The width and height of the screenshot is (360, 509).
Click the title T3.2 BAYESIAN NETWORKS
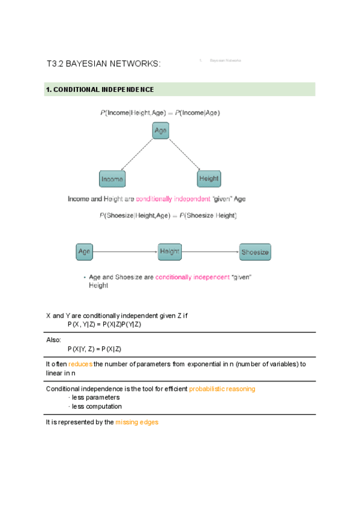103,64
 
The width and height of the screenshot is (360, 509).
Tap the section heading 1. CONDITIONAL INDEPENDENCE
100,89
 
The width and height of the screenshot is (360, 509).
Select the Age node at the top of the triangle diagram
160,131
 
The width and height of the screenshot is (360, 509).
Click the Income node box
112,179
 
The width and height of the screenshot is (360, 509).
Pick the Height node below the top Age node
209,179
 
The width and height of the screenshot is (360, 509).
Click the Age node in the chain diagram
84,251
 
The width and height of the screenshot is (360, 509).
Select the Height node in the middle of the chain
169,251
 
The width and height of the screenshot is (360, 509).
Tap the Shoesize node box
255,252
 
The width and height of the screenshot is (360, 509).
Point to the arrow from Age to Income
136,155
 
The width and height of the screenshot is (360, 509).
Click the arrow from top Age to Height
184,154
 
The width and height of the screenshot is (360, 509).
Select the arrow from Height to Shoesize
210,252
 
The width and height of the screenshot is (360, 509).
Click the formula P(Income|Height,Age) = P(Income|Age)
160,113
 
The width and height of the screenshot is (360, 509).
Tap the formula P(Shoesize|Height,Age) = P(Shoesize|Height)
168,215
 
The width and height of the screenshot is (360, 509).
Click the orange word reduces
80,364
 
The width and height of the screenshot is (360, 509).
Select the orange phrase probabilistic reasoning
222,389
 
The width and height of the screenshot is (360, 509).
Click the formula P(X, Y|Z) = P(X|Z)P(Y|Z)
104,324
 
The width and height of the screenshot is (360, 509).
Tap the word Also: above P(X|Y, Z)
53,340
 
